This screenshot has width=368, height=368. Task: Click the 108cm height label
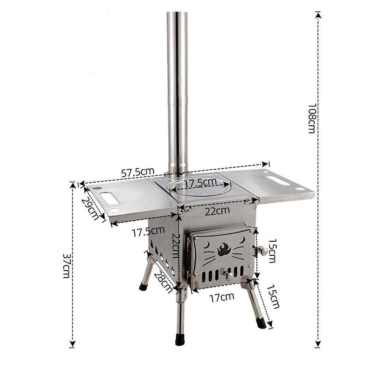click(x=312, y=118)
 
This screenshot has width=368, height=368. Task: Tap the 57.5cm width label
click(x=138, y=172)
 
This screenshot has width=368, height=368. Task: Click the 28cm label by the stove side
click(x=163, y=282)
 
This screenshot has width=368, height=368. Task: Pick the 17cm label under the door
click(x=222, y=297)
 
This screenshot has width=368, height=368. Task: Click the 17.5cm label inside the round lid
click(x=200, y=183)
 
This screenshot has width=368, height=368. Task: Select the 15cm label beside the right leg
click(x=273, y=296)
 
